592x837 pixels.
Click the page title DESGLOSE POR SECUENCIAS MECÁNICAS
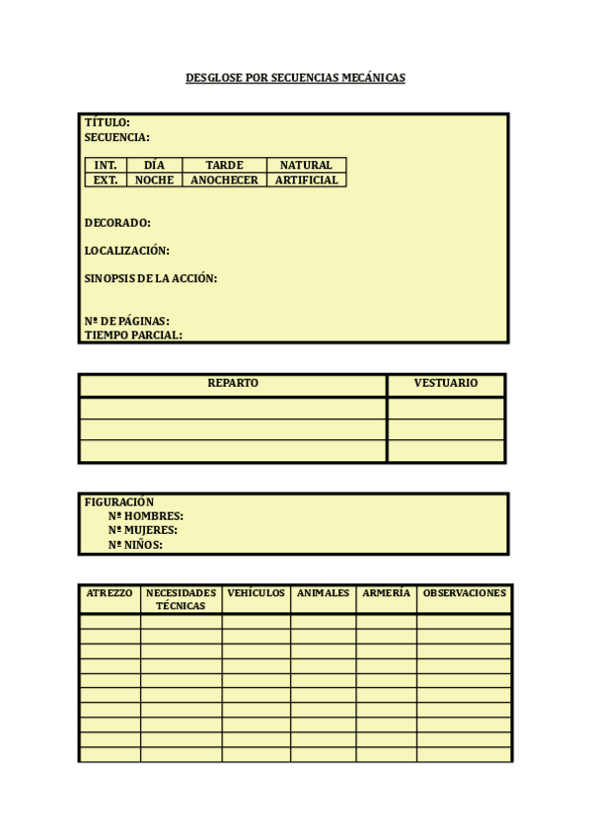295,77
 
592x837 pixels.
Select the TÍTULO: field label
107,123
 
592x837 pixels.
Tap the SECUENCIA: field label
116,137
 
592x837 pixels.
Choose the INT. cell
106,165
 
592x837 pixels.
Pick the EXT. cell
106,180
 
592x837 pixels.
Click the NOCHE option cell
154,180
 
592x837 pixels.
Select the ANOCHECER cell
224,180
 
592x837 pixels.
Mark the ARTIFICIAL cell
306,180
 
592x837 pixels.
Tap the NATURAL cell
306,165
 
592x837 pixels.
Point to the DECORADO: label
117,223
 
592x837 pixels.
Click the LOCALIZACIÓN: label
126,251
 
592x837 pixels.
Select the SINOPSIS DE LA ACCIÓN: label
150,278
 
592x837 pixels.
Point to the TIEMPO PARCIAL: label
133,335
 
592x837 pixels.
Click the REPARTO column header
233,383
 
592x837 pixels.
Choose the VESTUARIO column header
446,383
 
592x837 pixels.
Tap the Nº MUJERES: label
143,530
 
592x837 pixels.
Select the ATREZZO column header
110,593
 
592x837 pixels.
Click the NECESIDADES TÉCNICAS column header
181,599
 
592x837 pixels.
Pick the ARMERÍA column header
386,593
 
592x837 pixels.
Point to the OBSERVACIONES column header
464,593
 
